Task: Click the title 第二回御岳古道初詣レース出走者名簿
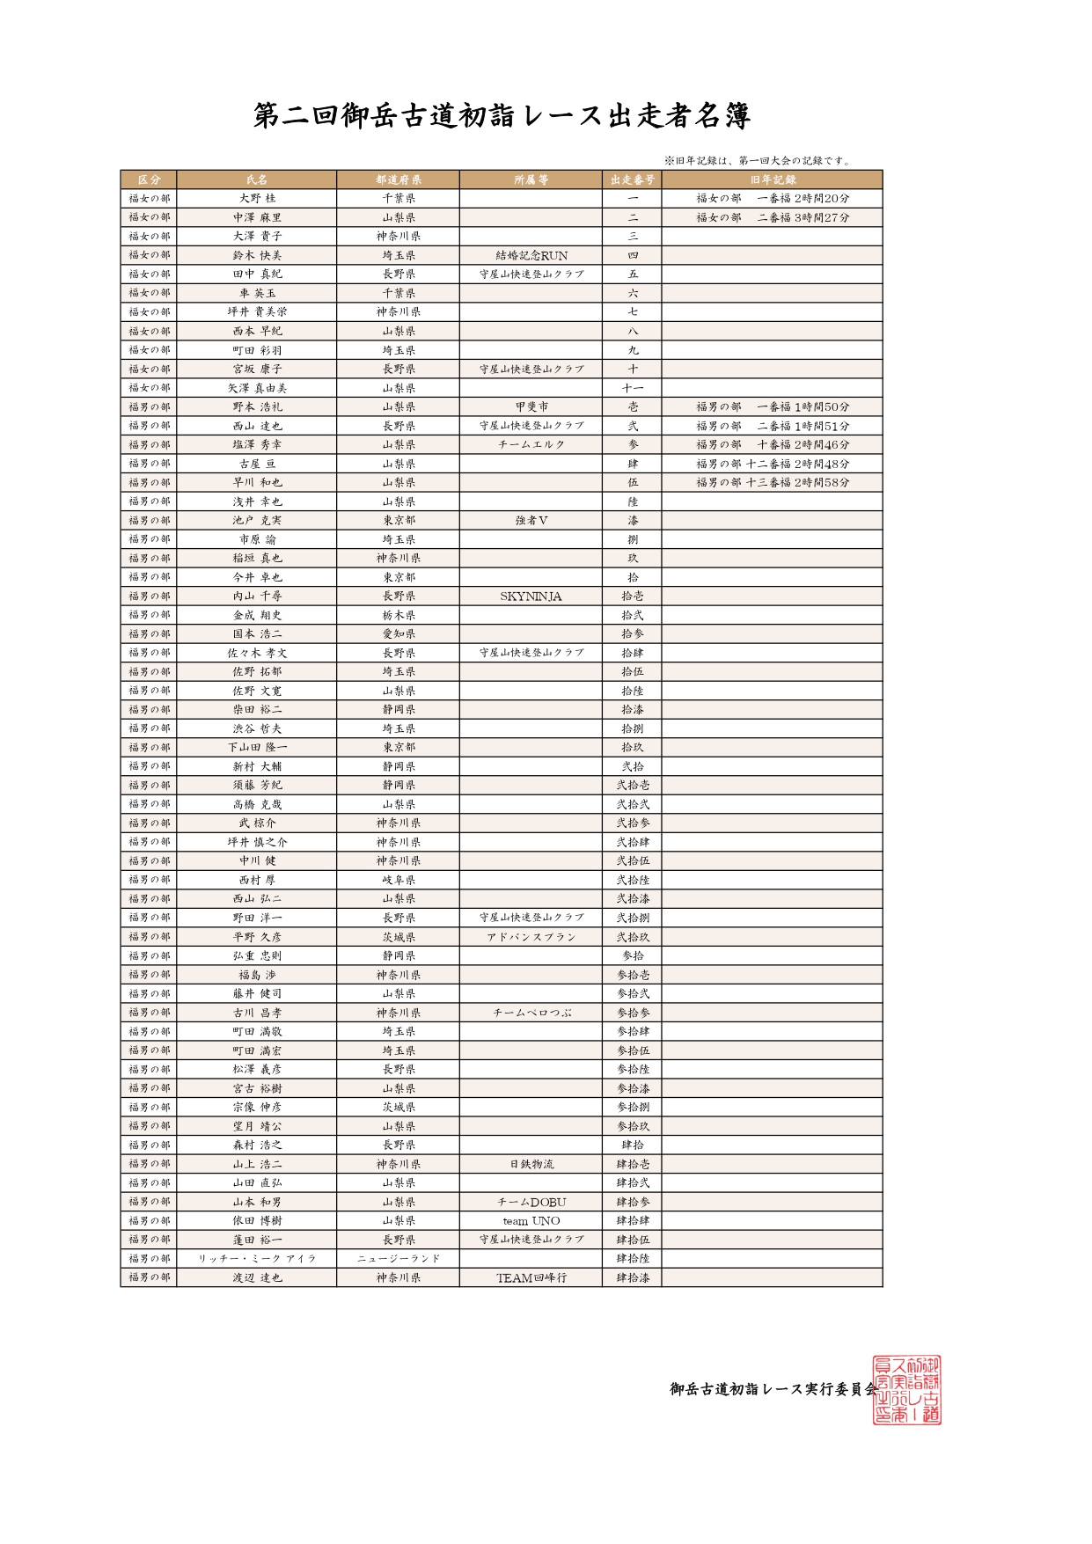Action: (x=502, y=115)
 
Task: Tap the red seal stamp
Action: (x=905, y=1389)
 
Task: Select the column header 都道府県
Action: (x=398, y=179)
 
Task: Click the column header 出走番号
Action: (x=632, y=179)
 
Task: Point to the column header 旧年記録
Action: (x=772, y=179)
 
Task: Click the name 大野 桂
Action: (x=257, y=199)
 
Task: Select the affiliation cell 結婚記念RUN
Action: (x=531, y=255)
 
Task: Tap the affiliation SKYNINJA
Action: (x=531, y=596)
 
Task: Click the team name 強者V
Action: (x=531, y=521)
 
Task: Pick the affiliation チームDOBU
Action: (x=531, y=1202)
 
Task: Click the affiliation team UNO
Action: (x=531, y=1221)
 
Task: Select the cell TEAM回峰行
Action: (x=531, y=1277)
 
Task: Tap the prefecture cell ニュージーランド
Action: (x=398, y=1259)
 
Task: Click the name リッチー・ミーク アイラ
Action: (x=257, y=1259)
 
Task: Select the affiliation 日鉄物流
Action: (x=531, y=1164)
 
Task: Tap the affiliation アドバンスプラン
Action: (x=531, y=937)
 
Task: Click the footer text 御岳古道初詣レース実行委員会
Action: (x=773, y=1389)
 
